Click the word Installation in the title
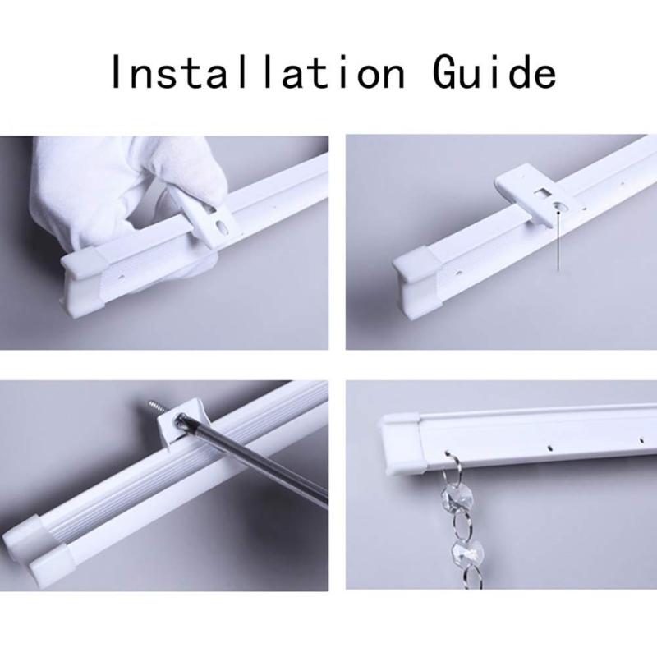click(x=258, y=71)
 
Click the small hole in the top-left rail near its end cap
click(x=122, y=277)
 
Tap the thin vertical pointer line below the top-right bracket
click(x=558, y=241)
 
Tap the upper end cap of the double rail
click(x=27, y=535)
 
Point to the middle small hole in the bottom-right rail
click(x=551, y=448)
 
